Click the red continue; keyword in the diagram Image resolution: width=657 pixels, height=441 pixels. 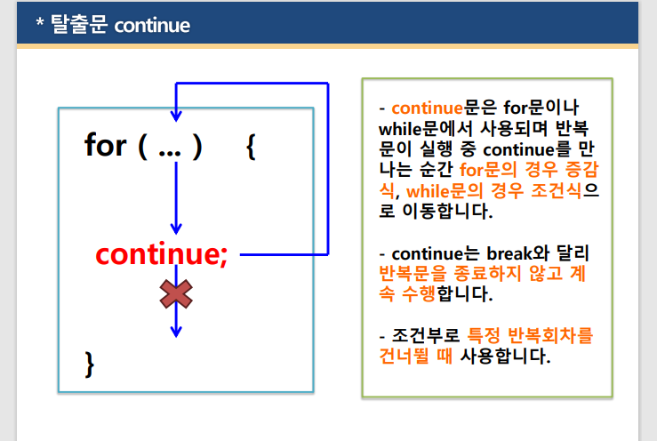(x=162, y=255)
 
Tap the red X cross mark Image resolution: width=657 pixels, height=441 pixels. (x=176, y=293)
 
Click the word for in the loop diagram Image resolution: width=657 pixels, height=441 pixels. (x=105, y=145)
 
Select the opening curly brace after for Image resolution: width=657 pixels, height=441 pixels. (x=251, y=146)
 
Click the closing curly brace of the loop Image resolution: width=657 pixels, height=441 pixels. (x=89, y=363)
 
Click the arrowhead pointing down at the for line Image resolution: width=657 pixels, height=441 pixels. (x=176, y=115)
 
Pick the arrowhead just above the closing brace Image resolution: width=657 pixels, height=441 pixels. (x=176, y=330)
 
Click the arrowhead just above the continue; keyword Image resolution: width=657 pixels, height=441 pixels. (x=176, y=229)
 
